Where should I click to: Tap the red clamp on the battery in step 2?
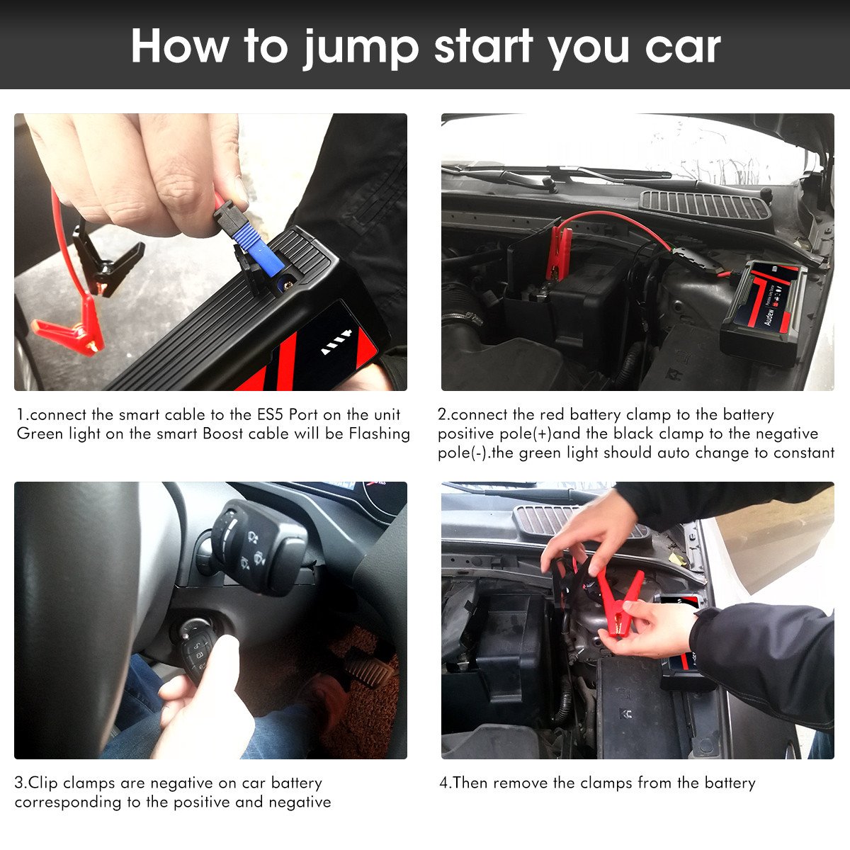point(559,252)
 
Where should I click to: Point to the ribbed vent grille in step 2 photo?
point(704,205)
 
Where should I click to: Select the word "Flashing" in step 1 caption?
point(379,434)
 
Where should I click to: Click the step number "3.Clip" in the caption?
point(35,783)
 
